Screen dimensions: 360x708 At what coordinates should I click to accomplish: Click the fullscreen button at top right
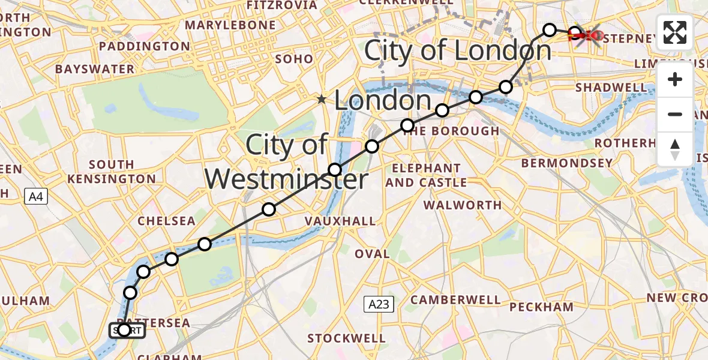click(x=675, y=32)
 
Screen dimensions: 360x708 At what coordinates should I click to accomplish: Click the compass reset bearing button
click(x=675, y=149)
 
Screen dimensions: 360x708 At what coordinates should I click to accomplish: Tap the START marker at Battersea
click(x=127, y=330)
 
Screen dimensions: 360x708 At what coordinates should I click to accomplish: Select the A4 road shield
click(x=35, y=196)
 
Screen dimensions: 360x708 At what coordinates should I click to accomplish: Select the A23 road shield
click(x=379, y=305)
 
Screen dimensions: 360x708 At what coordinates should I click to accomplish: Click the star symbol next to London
click(x=322, y=99)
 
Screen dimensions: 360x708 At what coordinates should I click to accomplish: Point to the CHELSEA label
click(x=167, y=221)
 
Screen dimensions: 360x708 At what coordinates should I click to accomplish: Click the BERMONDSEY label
click(x=567, y=163)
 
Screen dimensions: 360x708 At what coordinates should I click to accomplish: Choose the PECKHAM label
click(x=541, y=307)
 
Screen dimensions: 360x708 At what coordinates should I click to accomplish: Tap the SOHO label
click(x=294, y=59)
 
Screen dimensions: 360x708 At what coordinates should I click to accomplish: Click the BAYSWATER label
click(x=95, y=69)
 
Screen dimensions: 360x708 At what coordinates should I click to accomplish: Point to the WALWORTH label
click(x=463, y=205)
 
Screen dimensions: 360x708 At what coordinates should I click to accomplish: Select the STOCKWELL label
click(x=346, y=338)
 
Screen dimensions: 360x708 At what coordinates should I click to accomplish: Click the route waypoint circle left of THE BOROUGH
click(x=407, y=125)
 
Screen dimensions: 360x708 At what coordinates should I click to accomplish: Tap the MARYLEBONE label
click(x=230, y=25)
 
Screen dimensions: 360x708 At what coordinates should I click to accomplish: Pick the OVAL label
click(x=372, y=254)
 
